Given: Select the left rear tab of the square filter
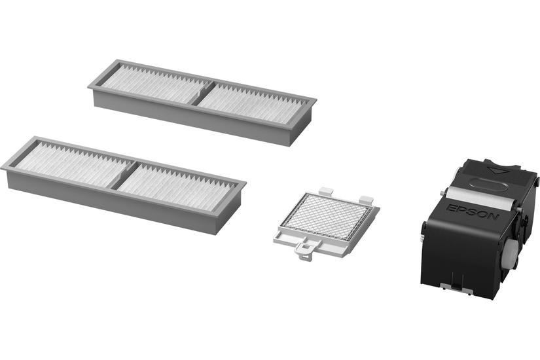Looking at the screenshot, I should click(x=327, y=191).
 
